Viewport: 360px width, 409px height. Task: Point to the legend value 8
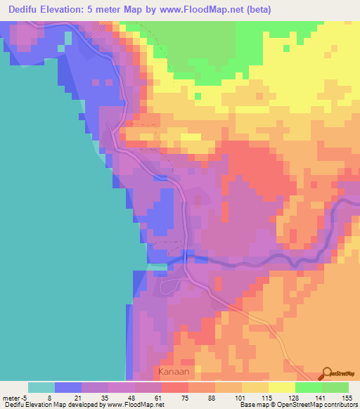click(49, 397)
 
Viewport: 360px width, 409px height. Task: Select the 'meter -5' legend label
click(15, 397)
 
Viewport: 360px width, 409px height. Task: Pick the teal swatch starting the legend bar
click(41, 387)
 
